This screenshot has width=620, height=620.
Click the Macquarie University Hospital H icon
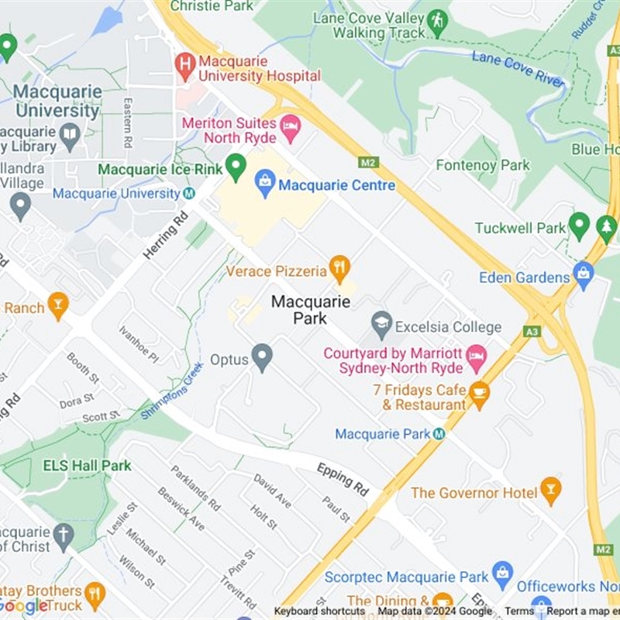click(x=184, y=67)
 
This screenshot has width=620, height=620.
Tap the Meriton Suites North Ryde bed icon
click(x=291, y=128)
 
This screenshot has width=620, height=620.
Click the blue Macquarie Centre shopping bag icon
click(x=265, y=184)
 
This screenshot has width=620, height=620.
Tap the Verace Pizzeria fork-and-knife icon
click(x=339, y=269)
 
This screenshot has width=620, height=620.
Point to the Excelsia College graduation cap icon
click(x=381, y=325)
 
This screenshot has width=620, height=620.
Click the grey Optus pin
click(x=263, y=356)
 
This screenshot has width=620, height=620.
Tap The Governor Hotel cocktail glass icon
click(x=550, y=491)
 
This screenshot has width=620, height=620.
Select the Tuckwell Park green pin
click(x=579, y=226)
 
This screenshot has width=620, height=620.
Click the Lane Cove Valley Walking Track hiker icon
click(x=437, y=22)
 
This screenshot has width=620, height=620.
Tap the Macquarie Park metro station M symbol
click(x=439, y=434)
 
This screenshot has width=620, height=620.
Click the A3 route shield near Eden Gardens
click(x=531, y=331)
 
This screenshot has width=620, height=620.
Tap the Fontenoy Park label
click(x=483, y=165)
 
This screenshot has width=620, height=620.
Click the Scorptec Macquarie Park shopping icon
click(x=503, y=574)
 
